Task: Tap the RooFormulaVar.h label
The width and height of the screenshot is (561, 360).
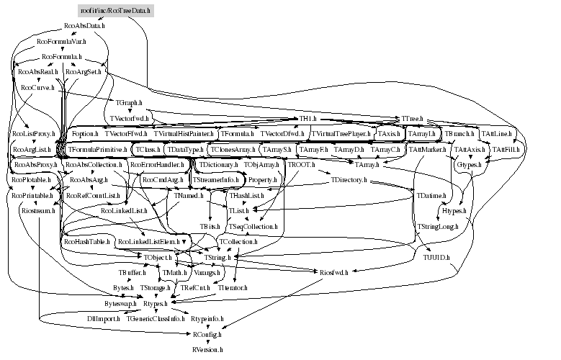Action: (60, 42)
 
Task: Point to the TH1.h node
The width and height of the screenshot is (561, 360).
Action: (309, 118)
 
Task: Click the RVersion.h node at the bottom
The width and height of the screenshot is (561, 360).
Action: (208, 348)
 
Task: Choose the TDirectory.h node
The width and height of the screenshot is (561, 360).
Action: (349, 179)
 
